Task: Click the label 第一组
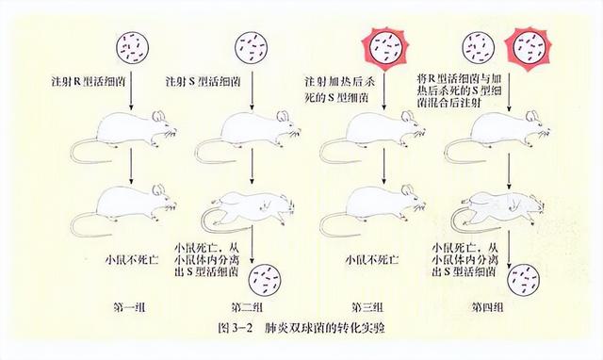[128, 307]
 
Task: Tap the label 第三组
[368, 307]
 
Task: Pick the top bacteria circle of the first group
[128, 43]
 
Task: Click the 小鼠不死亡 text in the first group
[128, 257]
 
